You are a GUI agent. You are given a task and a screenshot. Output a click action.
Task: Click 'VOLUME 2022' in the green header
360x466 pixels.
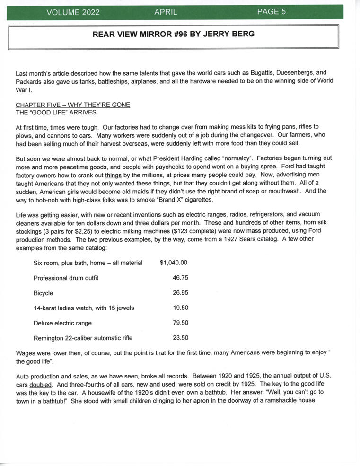(73, 13)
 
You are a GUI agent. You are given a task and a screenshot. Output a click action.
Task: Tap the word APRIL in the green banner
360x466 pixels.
(166, 12)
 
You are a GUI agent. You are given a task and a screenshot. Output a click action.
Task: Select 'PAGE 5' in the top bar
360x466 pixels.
(271, 12)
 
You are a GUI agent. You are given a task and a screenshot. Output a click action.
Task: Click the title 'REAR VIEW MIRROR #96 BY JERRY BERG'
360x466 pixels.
(173, 34)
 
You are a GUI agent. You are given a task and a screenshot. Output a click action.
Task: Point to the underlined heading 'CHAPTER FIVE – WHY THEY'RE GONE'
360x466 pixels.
(73, 105)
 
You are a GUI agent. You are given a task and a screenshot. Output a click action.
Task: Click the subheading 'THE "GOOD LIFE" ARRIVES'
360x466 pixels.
(56, 112)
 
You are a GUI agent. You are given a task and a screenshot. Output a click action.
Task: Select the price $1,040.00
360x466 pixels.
(174, 263)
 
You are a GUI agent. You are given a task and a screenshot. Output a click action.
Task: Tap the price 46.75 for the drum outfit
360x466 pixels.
(180, 278)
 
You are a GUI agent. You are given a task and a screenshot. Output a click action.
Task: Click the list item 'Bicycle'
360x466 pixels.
(43, 293)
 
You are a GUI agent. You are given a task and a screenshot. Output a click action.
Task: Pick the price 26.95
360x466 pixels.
(180, 293)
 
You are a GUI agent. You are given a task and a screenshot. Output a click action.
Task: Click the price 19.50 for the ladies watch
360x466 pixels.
(180, 308)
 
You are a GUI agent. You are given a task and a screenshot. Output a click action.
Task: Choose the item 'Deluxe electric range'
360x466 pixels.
(62, 323)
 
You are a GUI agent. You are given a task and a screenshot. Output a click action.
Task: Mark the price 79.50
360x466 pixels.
(180, 323)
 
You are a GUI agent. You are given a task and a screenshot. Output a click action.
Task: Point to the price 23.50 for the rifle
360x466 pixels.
(180, 338)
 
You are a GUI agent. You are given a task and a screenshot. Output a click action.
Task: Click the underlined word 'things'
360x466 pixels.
(113, 175)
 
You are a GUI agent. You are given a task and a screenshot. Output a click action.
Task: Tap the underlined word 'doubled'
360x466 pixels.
(41, 385)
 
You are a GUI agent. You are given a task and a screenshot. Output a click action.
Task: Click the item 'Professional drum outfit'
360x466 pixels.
(66, 278)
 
